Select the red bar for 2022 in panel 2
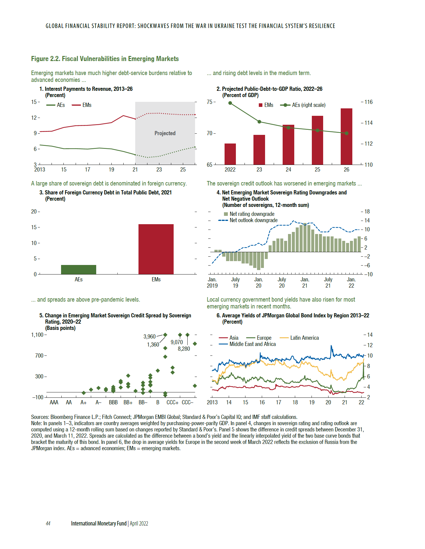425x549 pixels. point(230,154)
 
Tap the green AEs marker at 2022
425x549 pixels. point(230,103)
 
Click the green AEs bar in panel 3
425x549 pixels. point(79,269)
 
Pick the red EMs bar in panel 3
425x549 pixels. point(156,249)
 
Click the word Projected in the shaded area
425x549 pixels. point(165,133)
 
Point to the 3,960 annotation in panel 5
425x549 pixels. point(150,337)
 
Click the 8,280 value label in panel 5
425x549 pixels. point(184,349)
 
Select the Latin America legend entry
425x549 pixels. point(304,338)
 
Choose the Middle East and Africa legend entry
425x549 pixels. point(253,344)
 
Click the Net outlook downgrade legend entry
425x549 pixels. point(253,220)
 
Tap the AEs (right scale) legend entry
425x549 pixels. point(309,105)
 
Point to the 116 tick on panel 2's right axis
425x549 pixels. point(368,102)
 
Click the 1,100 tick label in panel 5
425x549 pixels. point(38,335)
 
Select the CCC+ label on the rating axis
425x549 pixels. point(172,403)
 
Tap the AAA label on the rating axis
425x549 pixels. point(54,403)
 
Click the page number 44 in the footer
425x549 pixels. point(48,524)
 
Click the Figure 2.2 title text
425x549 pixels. point(105,59)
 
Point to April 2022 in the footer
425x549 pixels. point(139,524)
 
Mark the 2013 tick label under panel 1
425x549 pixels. point(40,170)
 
